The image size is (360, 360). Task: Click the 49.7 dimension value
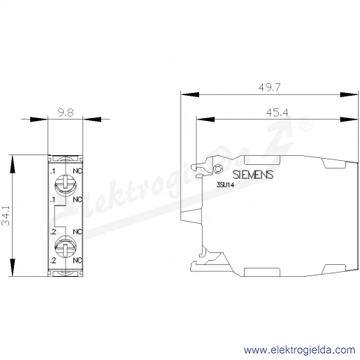point(269,87)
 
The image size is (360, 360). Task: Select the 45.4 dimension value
point(277,113)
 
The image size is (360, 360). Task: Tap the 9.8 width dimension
point(66,113)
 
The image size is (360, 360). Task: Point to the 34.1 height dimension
point(6,216)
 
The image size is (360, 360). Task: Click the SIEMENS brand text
point(253,175)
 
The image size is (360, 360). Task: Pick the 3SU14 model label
point(225,185)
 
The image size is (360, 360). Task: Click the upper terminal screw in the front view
point(66,185)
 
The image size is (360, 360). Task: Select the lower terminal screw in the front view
point(66,247)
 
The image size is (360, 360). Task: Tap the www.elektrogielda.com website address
point(300,350)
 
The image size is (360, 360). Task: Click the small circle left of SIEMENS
point(218,168)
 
